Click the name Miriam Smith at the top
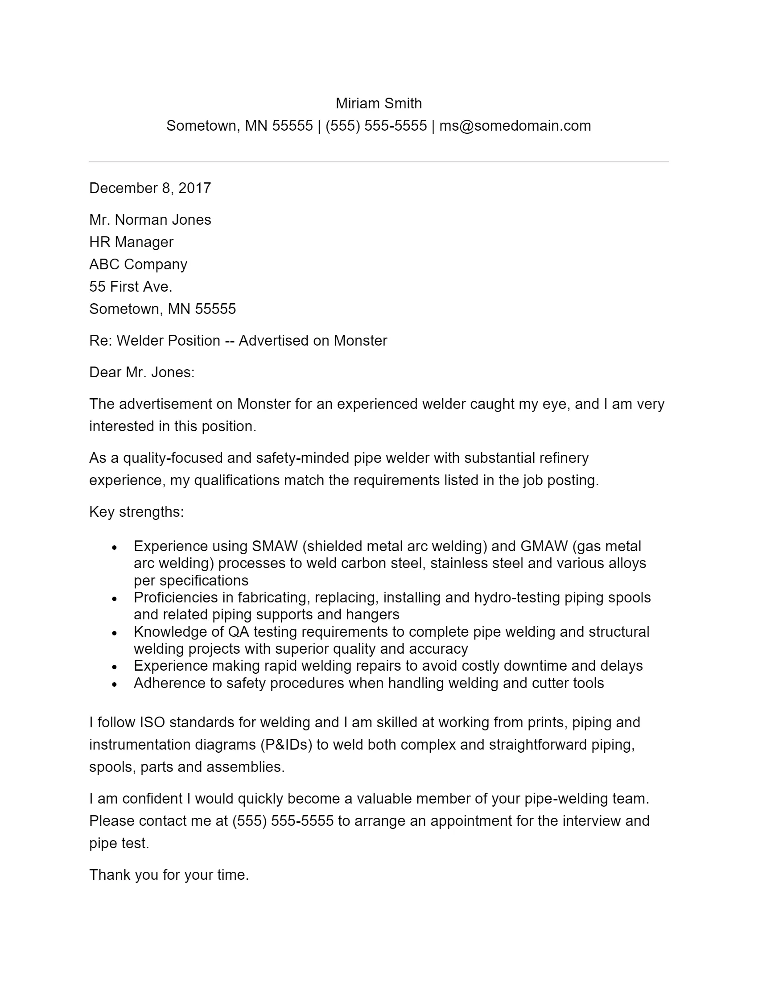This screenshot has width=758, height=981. point(379,104)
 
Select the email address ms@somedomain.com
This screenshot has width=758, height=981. point(515,126)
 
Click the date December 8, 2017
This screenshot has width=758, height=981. point(150,188)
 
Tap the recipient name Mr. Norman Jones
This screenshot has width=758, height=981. point(150,220)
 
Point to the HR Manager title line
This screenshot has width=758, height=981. point(131,242)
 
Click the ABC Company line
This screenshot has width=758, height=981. point(138,264)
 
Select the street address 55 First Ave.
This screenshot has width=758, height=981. point(131,287)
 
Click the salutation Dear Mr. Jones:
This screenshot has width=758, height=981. point(142,372)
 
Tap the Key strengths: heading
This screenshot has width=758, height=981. point(136,512)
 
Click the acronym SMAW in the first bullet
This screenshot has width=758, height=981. point(275,546)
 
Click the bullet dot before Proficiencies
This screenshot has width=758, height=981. point(115,599)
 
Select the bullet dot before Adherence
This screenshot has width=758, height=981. point(115,684)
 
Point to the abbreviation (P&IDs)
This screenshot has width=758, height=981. point(286,745)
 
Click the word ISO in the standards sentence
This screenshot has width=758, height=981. point(152,722)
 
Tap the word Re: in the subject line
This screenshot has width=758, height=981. point(101,341)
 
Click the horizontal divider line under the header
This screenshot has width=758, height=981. point(379,162)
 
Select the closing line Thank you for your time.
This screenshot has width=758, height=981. point(169,875)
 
